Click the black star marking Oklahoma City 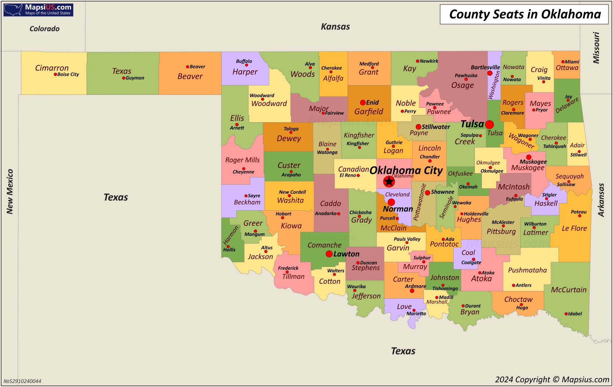point(389,181)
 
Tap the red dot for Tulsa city point(489,124)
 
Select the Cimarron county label point(52,68)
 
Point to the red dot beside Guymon point(124,78)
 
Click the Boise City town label point(68,74)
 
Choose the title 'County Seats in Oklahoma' point(525,14)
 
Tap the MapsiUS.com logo point(38,10)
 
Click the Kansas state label point(335,26)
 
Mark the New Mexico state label point(10,192)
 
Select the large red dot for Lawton point(329,254)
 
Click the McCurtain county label point(569,290)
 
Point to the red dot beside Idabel point(566,314)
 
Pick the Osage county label point(463,85)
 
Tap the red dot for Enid point(363,102)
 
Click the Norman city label point(398,209)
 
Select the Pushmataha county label point(527,270)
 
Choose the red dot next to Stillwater point(418,127)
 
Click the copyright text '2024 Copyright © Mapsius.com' point(552,379)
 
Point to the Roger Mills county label point(242,160)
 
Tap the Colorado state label point(44,28)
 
